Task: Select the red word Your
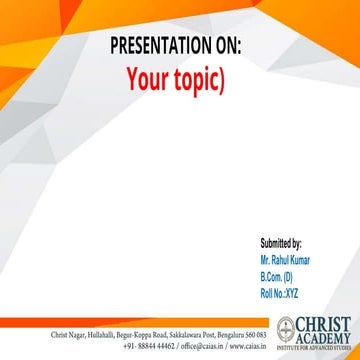point(146,79)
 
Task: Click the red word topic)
point(199,80)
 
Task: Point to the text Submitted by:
point(281,243)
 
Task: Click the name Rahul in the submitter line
point(281,259)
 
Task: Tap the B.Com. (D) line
point(277,275)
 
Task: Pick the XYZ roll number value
point(291,291)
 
